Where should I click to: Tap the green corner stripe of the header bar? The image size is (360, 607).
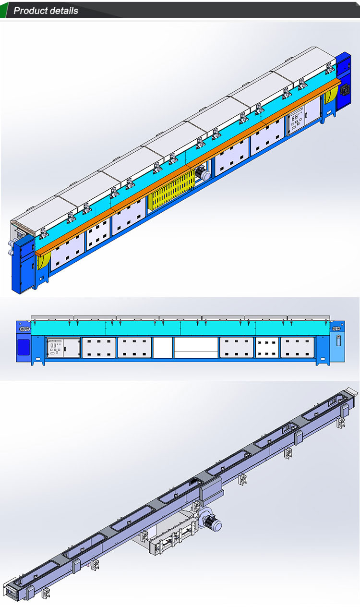tap(4, 10)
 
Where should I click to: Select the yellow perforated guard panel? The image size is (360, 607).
tap(171, 190)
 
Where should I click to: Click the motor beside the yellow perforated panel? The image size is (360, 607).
tap(203, 173)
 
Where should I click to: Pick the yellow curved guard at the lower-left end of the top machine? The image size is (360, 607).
tap(43, 260)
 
